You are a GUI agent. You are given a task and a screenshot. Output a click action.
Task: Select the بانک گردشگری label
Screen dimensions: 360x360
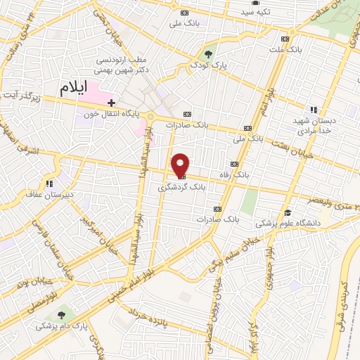pyautogui.click(x=174, y=188)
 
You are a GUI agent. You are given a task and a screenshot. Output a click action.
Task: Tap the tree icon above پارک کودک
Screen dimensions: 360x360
pyautogui.click(x=207, y=53)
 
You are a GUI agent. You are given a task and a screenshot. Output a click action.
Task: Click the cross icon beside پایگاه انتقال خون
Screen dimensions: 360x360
pyautogui.click(x=111, y=103)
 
